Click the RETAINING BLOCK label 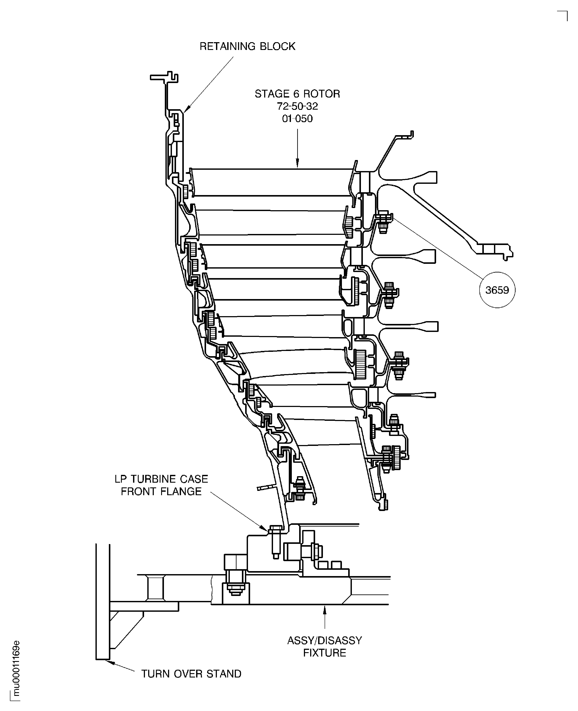point(247,46)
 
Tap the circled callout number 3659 point(497,290)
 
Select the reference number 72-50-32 point(297,106)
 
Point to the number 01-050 point(297,119)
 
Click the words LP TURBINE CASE point(161,479)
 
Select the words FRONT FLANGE point(161,491)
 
